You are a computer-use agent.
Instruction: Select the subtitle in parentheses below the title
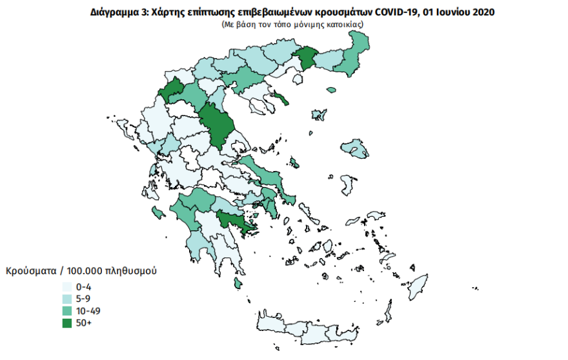[x=292, y=23]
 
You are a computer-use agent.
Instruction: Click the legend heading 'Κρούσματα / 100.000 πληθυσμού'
[x=81, y=272]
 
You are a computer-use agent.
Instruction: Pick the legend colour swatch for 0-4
[x=66, y=286]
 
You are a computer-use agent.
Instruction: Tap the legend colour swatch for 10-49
[x=66, y=311]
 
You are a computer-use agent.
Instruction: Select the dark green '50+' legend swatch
[x=66, y=323]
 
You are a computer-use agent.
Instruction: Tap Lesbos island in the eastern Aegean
[x=354, y=148]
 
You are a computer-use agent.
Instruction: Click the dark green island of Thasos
[x=281, y=98]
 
